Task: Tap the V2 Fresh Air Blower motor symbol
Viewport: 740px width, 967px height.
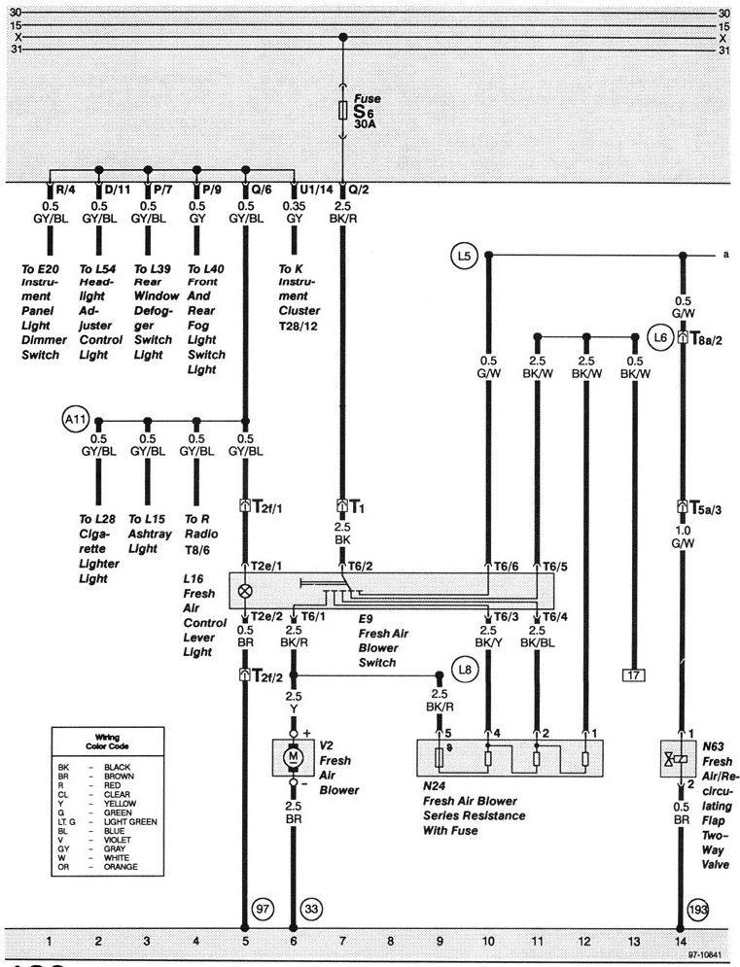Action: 293,755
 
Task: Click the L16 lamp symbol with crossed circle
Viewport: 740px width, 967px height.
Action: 245,589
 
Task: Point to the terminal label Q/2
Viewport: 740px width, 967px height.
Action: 358,190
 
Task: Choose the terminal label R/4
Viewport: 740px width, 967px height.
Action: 64,190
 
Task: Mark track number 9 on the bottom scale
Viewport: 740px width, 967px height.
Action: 440,942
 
